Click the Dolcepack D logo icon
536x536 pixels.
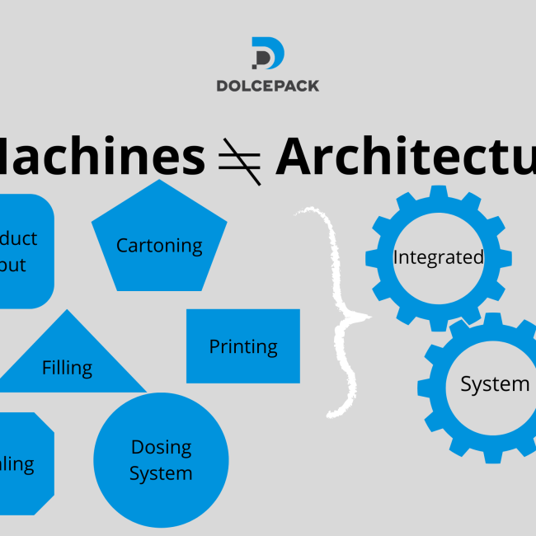[x=267, y=54]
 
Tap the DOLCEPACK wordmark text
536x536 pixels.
[x=267, y=85]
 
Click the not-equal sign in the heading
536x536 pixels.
[x=240, y=159]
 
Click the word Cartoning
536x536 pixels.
[x=159, y=245]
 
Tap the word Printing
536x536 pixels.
[x=242, y=346]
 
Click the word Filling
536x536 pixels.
[x=67, y=367]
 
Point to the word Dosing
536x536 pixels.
[x=161, y=447]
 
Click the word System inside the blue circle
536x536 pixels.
[x=161, y=473]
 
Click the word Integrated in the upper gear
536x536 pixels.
[x=438, y=257]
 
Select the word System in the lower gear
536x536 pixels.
[x=494, y=384]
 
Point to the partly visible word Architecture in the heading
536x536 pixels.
[x=404, y=157]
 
